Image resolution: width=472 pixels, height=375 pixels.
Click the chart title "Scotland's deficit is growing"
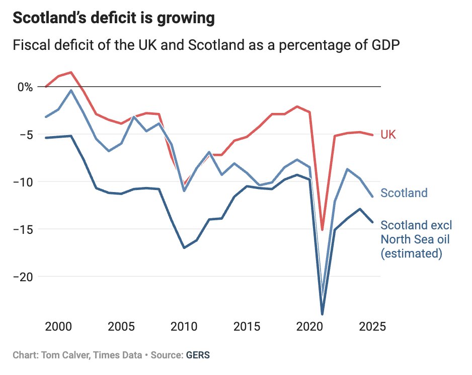[114, 19]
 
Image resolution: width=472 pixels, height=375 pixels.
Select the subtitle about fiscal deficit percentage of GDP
[206, 45]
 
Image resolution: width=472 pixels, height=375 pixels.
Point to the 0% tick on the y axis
[24, 87]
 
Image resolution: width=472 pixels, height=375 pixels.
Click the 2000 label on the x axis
[58, 326]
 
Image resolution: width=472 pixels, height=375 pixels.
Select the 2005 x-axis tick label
[121, 326]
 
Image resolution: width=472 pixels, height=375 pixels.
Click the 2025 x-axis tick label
[372, 326]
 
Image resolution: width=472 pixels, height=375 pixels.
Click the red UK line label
[388, 135]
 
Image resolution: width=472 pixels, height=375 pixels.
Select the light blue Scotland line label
[404, 193]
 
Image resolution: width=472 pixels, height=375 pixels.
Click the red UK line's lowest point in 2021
[323, 230]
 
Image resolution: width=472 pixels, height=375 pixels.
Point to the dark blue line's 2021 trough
[323, 314]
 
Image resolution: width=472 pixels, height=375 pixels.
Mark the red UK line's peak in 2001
[71, 72]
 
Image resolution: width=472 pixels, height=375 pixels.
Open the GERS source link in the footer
[198, 355]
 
